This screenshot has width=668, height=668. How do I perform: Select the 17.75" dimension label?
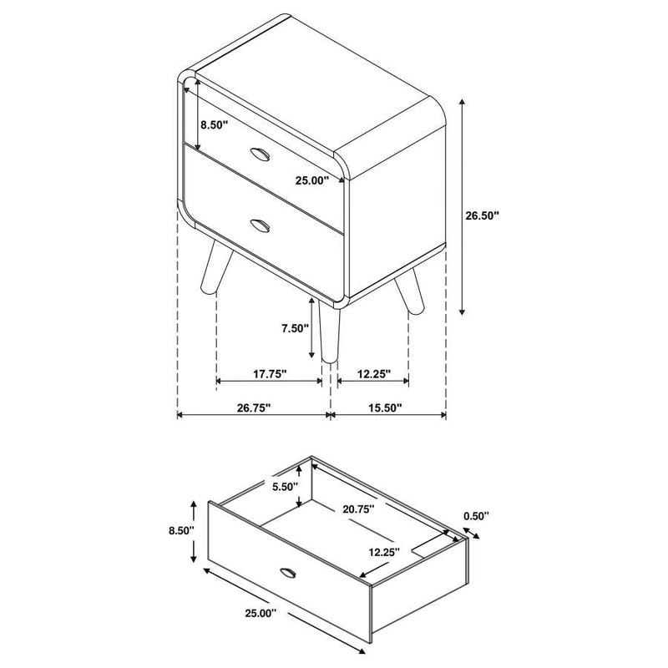coord(269,374)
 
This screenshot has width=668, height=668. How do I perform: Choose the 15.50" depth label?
coord(384,407)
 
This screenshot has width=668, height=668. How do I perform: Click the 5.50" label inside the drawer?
coord(284,488)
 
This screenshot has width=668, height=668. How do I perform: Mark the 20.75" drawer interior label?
coord(357,508)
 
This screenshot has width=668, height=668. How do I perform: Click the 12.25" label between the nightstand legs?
coord(372,374)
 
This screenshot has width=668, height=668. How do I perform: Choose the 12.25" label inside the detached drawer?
coord(382,552)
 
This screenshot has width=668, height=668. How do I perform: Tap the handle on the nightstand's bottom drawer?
coord(259,224)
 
